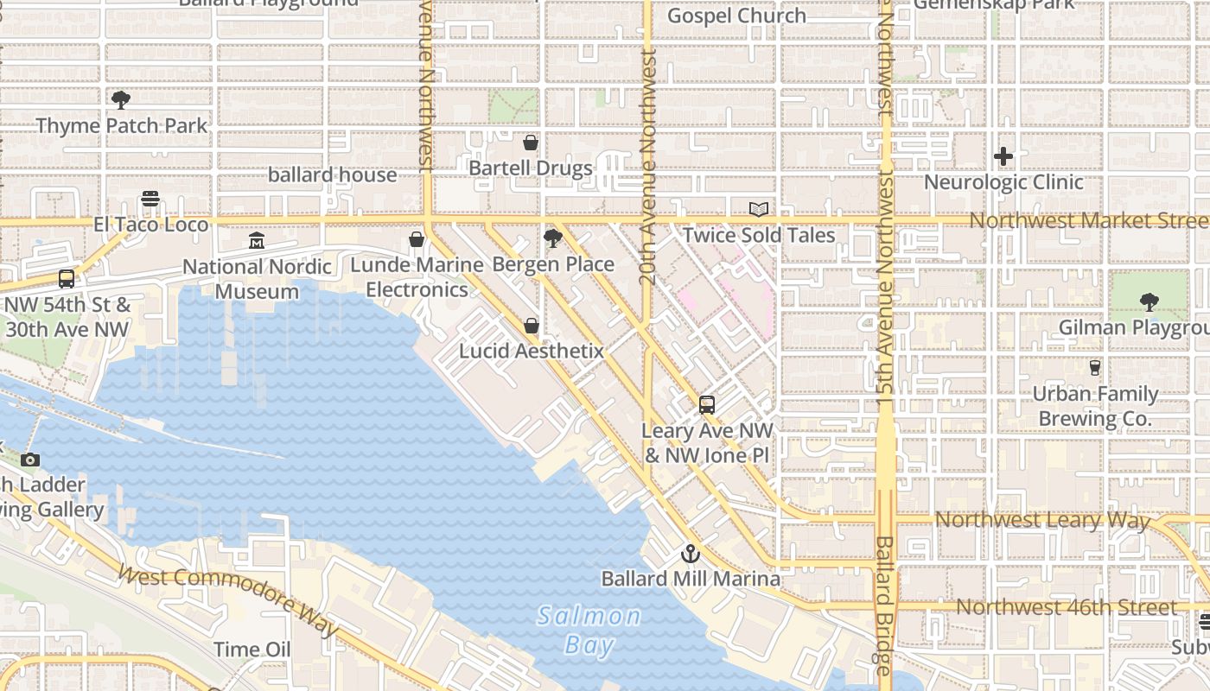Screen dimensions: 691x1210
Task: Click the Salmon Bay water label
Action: pyautogui.click(x=589, y=630)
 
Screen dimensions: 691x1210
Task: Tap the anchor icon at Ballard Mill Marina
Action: pyautogui.click(x=690, y=554)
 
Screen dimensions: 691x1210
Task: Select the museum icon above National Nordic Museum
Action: pyautogui.click(x=257, y=241)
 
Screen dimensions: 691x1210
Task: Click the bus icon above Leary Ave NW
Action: pyautogui.click(x=707, y=404)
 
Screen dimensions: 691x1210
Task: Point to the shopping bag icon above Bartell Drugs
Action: pyautogui.click(x=531, y=143)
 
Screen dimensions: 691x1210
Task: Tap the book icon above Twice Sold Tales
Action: pyautogui.click(x=759, y=209)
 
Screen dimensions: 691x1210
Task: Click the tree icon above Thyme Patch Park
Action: pyautogui.click(x=121, y=100)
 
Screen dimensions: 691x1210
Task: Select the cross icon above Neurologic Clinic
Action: pyautogui.click(x=1003, y=156)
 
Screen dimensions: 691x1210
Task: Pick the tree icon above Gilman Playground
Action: pyautogui.click(x=1149, y=302)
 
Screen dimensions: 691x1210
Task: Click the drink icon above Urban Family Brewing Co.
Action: pyautogui.click(x=1095, y=368)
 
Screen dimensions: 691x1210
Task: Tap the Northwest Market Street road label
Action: pyautogui.click(x=1087, y=220)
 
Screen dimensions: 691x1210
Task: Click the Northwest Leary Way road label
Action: pyautogui.click(x=1042, y=520)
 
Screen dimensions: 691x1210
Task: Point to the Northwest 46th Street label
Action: pyautogui.click(x=1066, y=607)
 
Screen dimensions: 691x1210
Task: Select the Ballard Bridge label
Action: pyautogui.click(x=884, y=605)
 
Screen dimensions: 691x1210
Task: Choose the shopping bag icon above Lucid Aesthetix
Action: pyautogui.click(x=531, y=326)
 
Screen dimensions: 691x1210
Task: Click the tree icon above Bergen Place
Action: pyautogui.click(x=553, y=239)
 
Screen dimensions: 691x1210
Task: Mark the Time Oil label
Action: pyautogui.click(x=252, y=650)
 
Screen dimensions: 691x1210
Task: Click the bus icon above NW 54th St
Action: pyautogui.click(x=67, y=279)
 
